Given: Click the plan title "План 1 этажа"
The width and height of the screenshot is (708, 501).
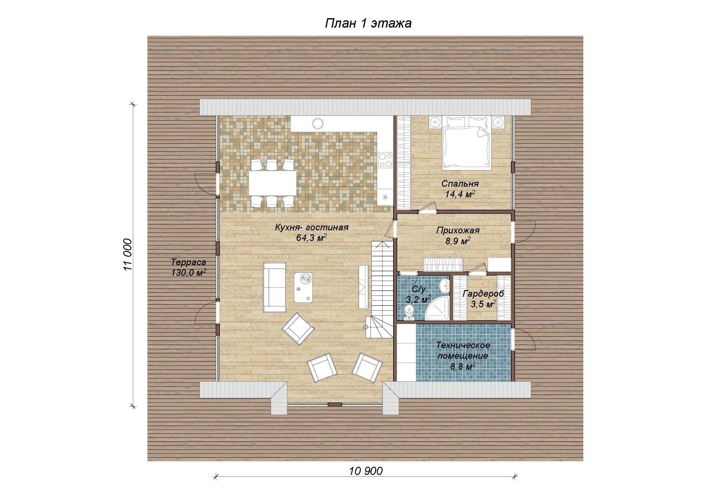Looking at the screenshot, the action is point(368,23).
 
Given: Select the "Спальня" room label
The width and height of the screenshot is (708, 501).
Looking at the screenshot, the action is point(460,184).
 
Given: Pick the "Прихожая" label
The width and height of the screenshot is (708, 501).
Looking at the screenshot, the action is point(458,230).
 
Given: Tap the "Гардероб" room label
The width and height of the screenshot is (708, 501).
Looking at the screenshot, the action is point(483,294).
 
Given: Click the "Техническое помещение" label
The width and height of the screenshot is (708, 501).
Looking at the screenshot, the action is point(463,351).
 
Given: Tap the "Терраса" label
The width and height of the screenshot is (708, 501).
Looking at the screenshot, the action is point(188,263).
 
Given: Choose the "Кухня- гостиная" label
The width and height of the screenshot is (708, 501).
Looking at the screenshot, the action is point(311,228).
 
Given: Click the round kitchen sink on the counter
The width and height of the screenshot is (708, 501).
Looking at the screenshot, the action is point(318,123).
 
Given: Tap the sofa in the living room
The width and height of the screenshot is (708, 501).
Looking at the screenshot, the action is point(275,287).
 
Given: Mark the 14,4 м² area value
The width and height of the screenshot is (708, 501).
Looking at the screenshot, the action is point(459,194).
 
